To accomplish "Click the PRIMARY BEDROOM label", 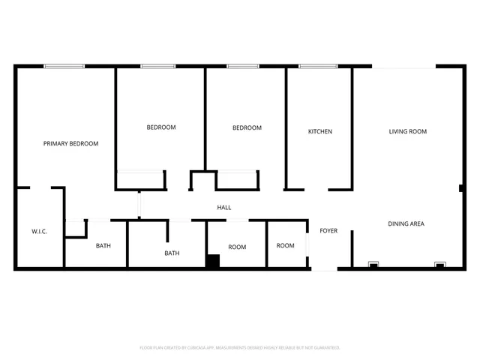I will (70, 143).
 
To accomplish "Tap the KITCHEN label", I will (320, 131).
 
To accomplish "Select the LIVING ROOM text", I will (407, 131).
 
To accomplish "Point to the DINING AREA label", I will (406, 223).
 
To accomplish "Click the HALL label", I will (224, 208).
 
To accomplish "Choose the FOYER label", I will (328, 230).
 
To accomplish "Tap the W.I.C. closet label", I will (40, 232).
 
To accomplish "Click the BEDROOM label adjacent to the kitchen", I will (247, 127).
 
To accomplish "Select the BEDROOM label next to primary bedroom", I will (160, 127).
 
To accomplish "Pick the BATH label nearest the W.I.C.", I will (103, 245).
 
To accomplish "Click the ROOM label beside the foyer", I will (285, 245).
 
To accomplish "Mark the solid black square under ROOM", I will (213, 261).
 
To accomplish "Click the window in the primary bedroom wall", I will (64, 66).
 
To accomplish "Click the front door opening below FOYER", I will (324, 268).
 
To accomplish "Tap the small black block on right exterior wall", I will (461, 187).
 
